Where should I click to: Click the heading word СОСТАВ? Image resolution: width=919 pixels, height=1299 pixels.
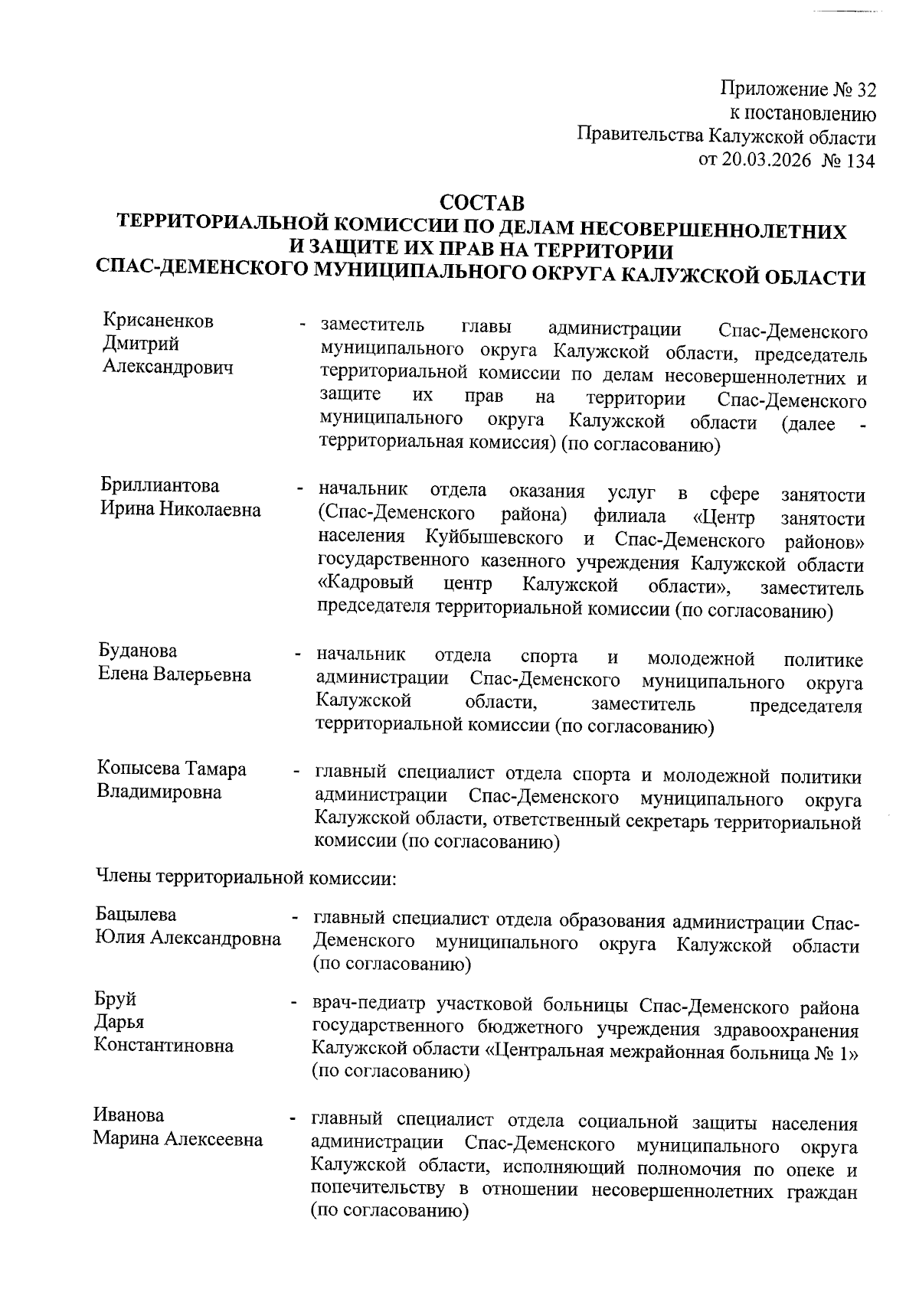click(x=482, y=204)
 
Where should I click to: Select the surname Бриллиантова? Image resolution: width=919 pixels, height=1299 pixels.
click(x=160, y=485)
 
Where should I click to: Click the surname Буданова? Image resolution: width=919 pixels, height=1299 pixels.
click(x=138, y=651)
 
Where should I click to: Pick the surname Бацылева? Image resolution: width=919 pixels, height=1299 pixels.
click(x=136, y=914)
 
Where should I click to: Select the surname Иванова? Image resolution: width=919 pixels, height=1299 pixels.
click(x=129, y=1115)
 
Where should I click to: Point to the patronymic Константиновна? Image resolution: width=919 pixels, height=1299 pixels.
click(x=164, y=1046)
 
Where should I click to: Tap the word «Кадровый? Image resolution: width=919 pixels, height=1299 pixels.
click(x=366, y=585)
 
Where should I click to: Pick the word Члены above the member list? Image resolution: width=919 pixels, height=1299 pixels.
click(x=123, y=877)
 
